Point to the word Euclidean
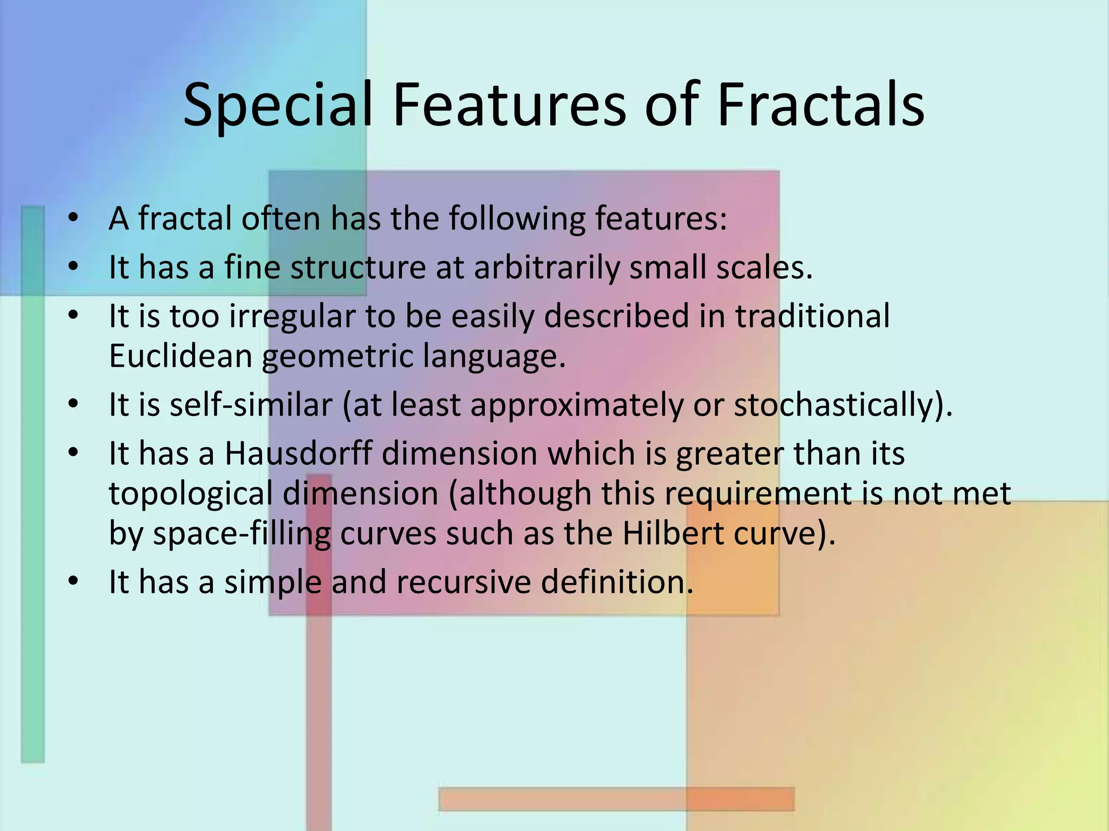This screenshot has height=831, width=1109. click(x=181, y=356)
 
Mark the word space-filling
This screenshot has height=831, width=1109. click(x=242, y=533)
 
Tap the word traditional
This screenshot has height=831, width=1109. click(x=812, y=315)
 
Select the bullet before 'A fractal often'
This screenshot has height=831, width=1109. click(x=74, y=219)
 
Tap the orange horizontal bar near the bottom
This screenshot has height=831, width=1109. click(x=616, y=799)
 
